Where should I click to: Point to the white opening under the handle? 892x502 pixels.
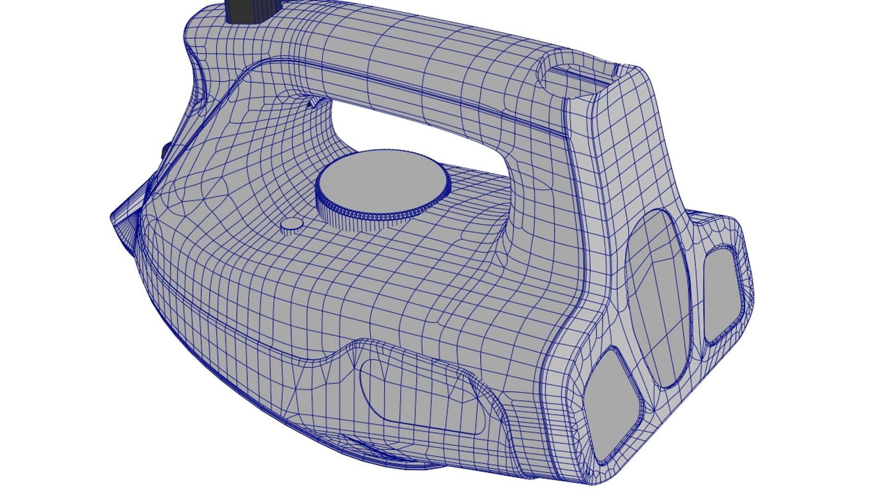pyautogui.click(x=418, y=135)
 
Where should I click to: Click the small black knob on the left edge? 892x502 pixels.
pyautogui.click(x=165, y=152)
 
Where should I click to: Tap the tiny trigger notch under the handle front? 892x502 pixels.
pyautogui.click(x=313, y=103)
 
